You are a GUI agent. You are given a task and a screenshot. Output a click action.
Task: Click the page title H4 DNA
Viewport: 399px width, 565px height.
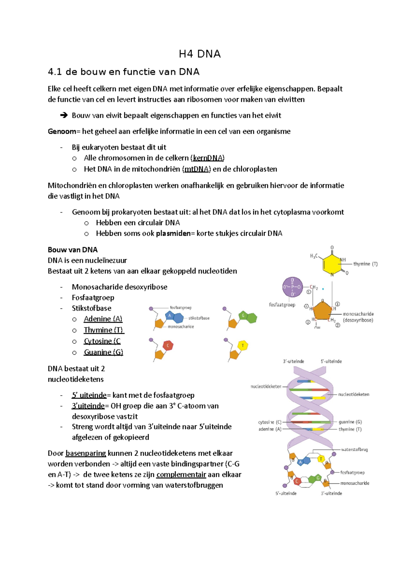click(199, 54)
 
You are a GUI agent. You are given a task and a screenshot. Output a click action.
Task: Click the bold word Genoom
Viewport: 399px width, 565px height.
click(62, 131)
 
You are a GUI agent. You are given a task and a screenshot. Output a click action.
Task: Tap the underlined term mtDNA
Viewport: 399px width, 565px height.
click(197, 169)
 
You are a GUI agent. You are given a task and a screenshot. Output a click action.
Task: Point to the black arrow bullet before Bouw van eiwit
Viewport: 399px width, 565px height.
click(64, 115)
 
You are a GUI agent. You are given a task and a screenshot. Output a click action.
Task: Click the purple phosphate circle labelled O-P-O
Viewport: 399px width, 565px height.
click(292, 287)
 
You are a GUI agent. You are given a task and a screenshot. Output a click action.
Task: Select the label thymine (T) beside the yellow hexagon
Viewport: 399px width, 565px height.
click(365, 264)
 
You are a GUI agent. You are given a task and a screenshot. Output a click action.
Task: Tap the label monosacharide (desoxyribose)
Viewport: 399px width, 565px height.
click(358, 317)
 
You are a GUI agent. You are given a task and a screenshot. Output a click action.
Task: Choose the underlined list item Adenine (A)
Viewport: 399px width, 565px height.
click(103, 319)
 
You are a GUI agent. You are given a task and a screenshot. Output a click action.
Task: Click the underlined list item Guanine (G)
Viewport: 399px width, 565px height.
click(103, 352)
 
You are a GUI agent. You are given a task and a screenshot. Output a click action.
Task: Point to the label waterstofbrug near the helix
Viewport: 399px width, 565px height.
click(354, 450)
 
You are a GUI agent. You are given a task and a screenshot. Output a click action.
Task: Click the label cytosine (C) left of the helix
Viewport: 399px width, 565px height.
click(270, 422)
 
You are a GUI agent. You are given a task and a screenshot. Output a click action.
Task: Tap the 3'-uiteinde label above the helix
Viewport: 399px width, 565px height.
click(293, 361)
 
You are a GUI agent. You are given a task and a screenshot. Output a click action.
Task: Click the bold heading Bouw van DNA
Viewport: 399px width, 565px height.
click(72, 250)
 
